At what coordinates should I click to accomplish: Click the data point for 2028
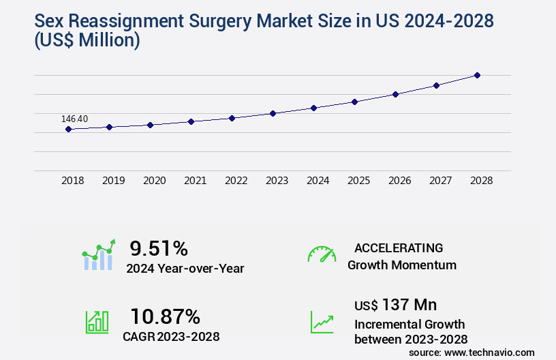[477, 75]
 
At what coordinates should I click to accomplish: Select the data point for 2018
[68, 129]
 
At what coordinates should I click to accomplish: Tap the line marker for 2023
[273, 113]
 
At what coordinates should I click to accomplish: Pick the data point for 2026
[395, 94]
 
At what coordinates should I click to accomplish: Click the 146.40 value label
[74, 119]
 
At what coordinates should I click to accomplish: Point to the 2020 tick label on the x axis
[155, 181]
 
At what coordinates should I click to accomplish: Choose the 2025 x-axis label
[359, 181]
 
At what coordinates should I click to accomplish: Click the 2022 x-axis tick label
[236, 181]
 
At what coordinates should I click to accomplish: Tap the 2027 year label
[441, 181]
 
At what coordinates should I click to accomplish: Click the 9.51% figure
[159, 247]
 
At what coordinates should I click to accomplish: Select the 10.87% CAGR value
[165, 316]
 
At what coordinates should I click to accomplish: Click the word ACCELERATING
[399, 247]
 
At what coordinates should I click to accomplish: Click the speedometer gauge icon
[322, 254]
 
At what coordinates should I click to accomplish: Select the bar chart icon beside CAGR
[96, 321]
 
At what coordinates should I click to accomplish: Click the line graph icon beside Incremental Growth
[322, 321]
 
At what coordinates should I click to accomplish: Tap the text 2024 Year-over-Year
[185, 268]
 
